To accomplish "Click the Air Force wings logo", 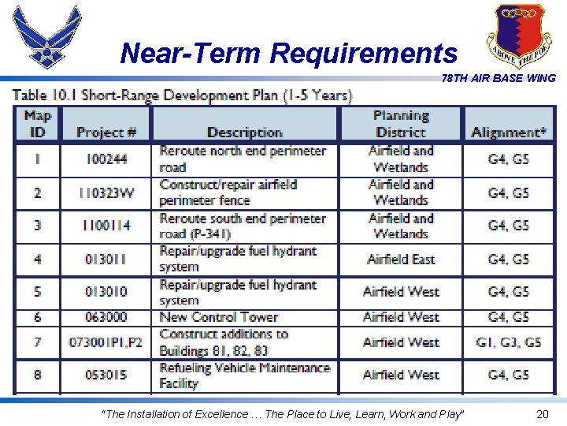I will click(48, 36).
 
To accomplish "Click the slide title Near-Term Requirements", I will click(288, 54).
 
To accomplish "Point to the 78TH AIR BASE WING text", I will click(498, 78).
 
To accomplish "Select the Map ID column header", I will click(37, 124).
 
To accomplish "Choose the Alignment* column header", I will click(509, 133).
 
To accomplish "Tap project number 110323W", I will click(106, 192).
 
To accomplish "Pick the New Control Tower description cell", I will click(219, 317).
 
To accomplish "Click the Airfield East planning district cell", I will click(400, 259).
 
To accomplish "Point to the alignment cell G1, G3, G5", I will click(509, 342).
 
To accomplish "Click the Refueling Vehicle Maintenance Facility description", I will click(244, 376).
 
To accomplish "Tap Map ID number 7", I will click(37, 342).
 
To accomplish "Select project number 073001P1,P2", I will click(106, 342).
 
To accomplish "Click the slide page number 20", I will click(542, 414).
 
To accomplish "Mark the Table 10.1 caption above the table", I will click(183, 95).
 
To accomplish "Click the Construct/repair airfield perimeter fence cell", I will click(228, 192).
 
